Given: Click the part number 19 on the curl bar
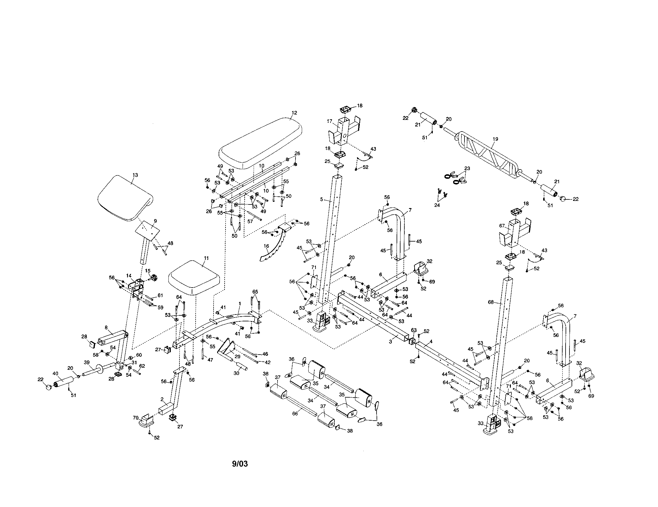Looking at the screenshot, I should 495,139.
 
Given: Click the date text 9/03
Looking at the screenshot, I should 240,464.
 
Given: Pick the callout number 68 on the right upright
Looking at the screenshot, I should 491,302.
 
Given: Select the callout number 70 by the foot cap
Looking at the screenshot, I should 135,418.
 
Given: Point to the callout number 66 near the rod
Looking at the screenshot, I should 295,414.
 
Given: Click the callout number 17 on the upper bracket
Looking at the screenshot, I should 329,121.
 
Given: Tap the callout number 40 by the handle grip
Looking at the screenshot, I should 55,374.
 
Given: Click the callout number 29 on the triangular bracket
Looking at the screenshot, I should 237,356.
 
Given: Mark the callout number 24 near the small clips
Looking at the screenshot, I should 437,205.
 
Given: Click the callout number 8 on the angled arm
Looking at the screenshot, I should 106,327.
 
